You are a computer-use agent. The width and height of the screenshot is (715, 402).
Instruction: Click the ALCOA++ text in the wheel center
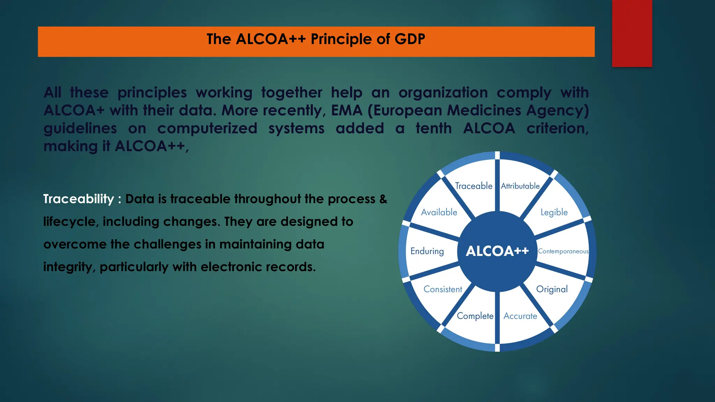point(497,251)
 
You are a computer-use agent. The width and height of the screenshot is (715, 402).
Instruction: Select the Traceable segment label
point(473,186)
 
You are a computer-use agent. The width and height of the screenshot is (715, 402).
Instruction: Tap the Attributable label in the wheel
point(520,186)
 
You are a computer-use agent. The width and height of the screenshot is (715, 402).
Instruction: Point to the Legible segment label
point(554,212)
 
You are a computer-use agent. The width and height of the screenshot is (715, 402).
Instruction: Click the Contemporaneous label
point(563,251)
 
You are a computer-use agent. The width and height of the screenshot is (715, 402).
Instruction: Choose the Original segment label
point(552,289)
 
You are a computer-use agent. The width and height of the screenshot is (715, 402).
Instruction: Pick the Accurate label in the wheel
point(520,316)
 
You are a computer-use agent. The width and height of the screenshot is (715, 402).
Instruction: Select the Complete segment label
point(475,316)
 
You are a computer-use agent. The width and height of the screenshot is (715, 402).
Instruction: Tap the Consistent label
point(443,289)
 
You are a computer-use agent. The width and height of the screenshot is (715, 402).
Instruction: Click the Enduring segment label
point(427,251)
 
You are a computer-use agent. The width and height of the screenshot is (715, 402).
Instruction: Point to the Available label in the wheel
point(439,212)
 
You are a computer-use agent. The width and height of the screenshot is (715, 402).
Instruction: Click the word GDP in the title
point(410,39)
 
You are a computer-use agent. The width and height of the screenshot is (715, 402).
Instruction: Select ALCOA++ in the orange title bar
point(271,39)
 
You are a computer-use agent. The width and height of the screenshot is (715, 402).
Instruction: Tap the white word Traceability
point(79,199)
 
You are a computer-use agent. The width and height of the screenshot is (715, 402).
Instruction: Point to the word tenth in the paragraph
point(434,128)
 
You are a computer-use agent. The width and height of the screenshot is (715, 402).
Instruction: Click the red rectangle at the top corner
point(632,33)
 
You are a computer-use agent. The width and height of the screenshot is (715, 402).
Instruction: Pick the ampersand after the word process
point(383,199)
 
